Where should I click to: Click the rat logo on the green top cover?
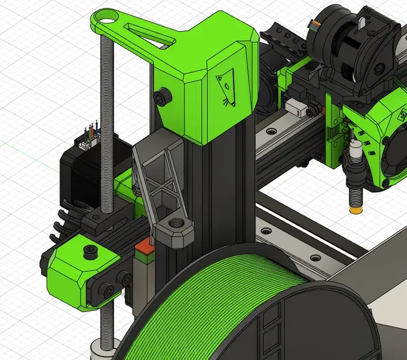[226, 88]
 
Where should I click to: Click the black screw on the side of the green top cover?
[163, 96]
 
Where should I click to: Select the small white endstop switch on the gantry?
[295, 108]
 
